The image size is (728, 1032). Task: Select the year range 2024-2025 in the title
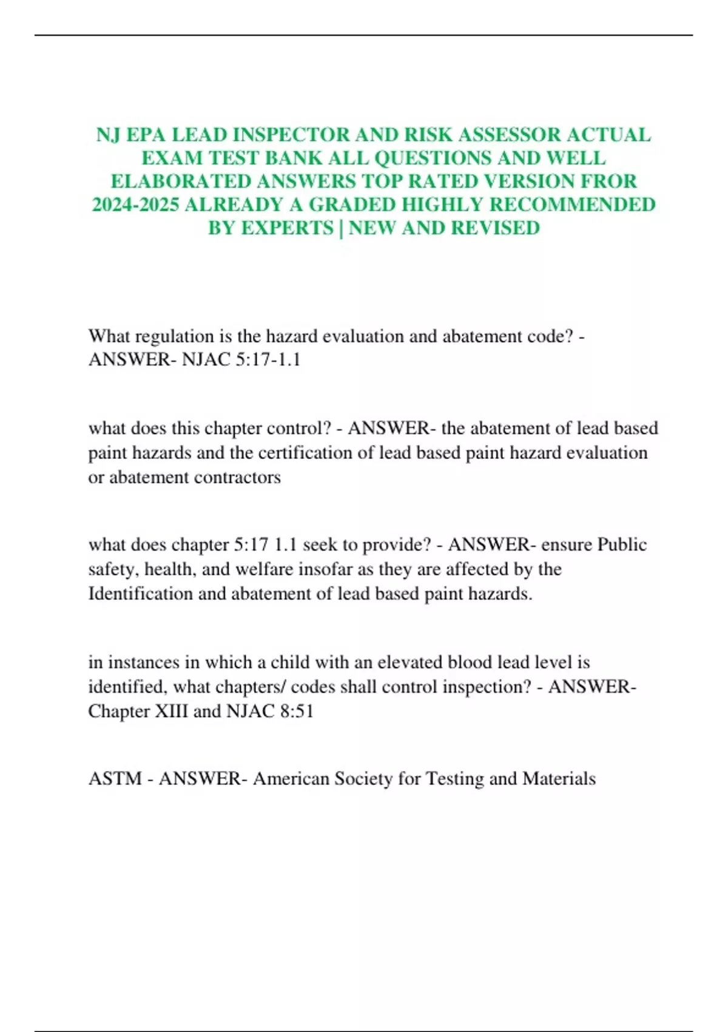pyautogui.click(x=135, y=205)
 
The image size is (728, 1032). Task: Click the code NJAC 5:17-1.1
pyautogui.click(x=241, y=360)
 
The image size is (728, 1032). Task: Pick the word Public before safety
pyautogui.click(x=622, y=545)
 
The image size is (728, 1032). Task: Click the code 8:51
pyautogui.click(x=297, y=711)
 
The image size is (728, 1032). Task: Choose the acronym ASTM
pyautogui.click(x=115, y=779)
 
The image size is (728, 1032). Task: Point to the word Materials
pyautogui.click(x=559, y=779)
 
